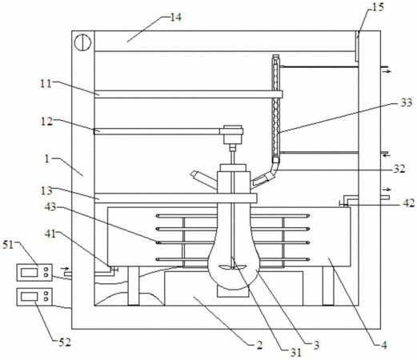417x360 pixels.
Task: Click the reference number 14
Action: (x=176, y=18)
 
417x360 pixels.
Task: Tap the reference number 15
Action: (x=378, y=7)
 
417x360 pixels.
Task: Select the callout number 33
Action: (x=406, y=102)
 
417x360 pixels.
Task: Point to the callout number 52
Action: (x=65, y=342)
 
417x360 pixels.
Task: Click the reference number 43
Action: (x=50, y=206)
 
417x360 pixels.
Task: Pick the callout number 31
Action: (x=296, y=353)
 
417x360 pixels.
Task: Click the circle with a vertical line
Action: (x=82, y=42)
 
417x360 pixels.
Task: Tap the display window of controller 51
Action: (x=30, y=272)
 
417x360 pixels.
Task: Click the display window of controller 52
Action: (x=30, y=297)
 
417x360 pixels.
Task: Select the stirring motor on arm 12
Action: (x=233, y=134)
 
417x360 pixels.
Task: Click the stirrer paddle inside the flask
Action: (x=233, y=266)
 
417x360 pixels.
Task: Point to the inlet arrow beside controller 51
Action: (x=66, y=268)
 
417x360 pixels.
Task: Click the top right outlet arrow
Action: (x=387, y=71)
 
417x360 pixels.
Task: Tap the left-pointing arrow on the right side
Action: (x=387, y=155)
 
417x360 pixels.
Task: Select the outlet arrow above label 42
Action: (x=387, y=190)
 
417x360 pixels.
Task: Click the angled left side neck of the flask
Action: (x=204, y=179)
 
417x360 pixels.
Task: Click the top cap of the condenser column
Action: (x=275, y=57)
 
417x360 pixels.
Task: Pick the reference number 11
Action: (x=46, y=83)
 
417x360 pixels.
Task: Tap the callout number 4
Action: (x=383, y=345)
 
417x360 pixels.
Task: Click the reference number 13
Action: (x=46, y=190)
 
